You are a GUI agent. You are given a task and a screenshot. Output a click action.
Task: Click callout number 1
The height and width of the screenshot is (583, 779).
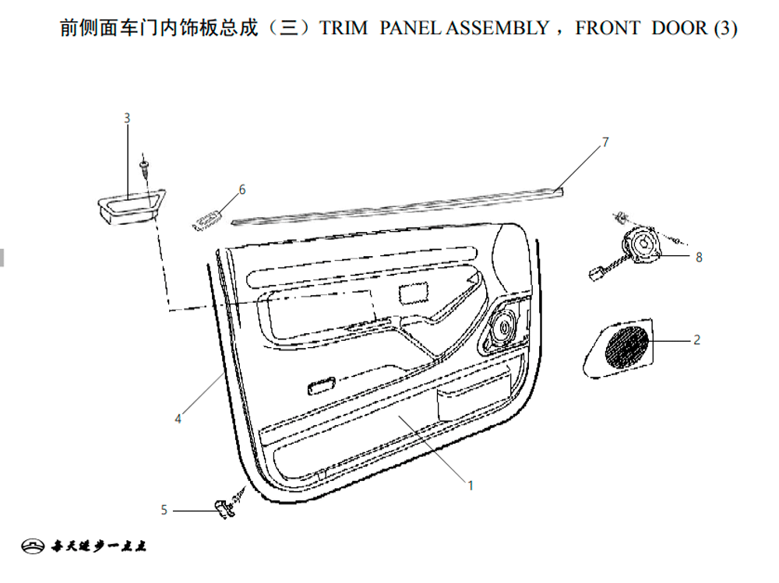[471, 485]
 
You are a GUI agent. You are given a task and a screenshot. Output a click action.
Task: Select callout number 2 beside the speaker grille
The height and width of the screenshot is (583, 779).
[696, 339]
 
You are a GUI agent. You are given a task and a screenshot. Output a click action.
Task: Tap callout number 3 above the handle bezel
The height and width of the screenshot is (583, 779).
[127, 118]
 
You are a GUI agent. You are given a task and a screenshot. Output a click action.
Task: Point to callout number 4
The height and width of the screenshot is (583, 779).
[178, 419]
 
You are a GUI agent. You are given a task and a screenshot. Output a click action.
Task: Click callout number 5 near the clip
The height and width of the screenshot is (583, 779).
[164, 510]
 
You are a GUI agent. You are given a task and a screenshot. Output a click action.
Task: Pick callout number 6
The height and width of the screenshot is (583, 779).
[242, 189]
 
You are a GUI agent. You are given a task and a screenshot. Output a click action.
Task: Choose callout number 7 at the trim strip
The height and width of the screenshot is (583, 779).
[605, 142]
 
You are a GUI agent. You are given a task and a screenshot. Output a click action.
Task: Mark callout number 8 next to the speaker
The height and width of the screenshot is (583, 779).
[699, 257]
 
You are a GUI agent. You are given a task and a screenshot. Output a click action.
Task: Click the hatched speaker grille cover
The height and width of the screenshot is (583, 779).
[619, 348]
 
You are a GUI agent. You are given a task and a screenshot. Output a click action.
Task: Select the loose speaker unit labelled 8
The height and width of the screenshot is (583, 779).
[641, 245]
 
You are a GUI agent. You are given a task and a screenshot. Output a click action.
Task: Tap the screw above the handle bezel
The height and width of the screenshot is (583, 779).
[145, 163]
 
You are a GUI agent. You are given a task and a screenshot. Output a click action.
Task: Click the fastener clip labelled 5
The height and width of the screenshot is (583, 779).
[225, 508]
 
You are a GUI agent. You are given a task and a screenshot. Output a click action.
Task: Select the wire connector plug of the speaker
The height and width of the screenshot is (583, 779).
[596, 273]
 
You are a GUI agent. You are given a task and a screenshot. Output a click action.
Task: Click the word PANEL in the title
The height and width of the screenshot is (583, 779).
[411, 27]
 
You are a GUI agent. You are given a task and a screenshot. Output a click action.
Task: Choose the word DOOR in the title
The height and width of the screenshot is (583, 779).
[679, 27]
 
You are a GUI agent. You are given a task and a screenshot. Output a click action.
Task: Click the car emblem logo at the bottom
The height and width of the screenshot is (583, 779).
[33, 546]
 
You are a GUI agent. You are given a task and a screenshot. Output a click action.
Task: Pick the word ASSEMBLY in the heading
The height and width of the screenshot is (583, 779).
[497, 27]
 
